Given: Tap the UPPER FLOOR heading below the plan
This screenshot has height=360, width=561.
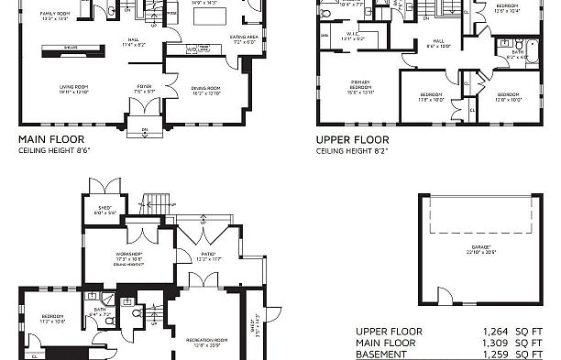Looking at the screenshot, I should pos(353,141).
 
